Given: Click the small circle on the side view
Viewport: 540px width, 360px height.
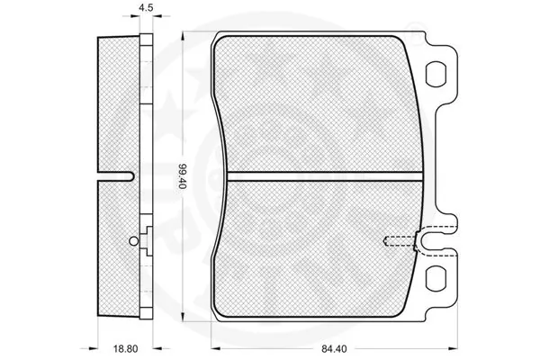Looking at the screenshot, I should [x=134, y=239].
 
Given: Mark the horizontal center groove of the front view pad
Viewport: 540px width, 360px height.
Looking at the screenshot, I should [x=319, y=175].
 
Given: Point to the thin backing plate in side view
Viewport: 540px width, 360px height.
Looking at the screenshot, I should [x=143, y=135].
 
